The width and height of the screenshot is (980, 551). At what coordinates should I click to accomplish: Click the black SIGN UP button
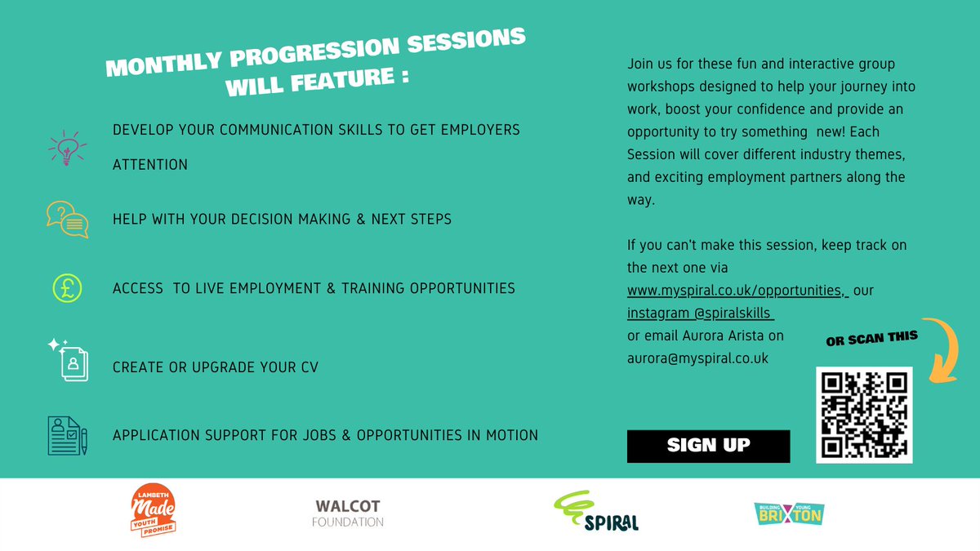pos(708,446)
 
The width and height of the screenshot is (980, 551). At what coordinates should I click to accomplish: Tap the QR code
pos(864,415)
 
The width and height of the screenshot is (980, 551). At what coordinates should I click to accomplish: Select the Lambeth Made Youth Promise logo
pos(154,510)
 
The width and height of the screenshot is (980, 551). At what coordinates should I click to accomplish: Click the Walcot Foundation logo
pos(348,513)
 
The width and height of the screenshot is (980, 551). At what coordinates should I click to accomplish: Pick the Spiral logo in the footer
pos(596,511)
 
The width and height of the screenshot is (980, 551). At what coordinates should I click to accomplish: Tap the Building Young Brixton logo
pos(789,513)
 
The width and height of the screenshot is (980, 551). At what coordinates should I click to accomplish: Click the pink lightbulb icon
pos(67,148)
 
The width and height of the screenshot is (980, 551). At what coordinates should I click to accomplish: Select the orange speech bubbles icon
pos(67,219)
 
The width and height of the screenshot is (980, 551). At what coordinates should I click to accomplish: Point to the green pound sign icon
pos(67,288)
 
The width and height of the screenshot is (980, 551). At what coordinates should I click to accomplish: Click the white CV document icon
pos(69,360)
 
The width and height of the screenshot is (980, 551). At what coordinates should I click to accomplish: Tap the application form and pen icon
pos(67,436)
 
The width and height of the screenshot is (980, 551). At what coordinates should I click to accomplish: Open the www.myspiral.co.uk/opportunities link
pos(737,291)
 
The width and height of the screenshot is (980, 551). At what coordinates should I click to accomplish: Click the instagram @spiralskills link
pos(701,313)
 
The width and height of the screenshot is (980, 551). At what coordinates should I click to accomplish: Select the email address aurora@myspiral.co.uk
pos(697,358)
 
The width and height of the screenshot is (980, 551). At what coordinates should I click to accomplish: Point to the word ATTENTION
pos(150,165)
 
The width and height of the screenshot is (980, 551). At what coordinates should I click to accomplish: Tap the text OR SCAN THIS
pos(872,339)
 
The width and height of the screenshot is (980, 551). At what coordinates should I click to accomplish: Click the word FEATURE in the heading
pos(342,80)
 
